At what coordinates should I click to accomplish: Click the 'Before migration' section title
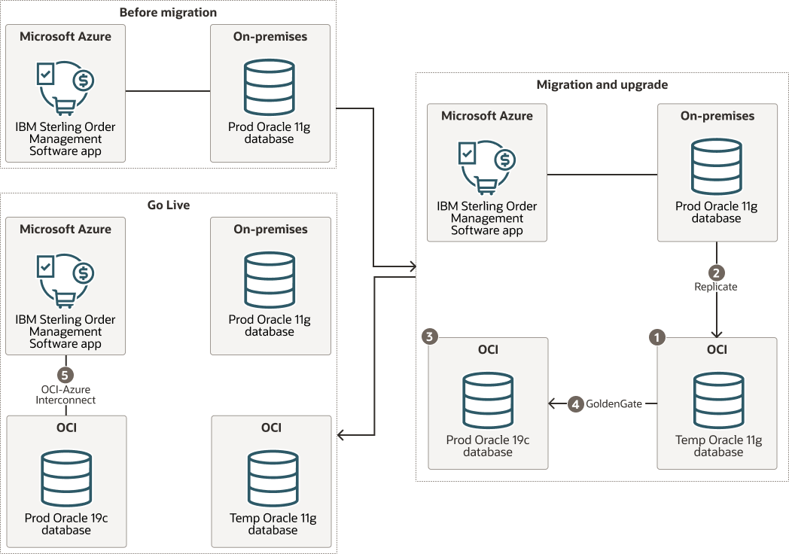(x=169, y=12)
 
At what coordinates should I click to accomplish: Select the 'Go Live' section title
(x=169, y=205)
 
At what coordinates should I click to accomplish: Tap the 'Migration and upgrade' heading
(x=602, y=84)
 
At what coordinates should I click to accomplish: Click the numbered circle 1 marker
(x=657, y=338)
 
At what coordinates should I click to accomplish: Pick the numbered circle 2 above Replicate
(x=716, y=272)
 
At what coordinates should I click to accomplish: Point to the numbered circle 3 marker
(x=429, y=338)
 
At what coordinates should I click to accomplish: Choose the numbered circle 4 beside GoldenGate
(x=575, y=404)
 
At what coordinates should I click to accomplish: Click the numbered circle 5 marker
(x=66, y=374)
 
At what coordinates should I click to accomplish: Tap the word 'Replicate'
(x=716, y=287)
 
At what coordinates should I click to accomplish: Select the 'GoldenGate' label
(x=614, y=404)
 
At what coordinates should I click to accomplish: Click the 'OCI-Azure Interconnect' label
(x=66, y=394)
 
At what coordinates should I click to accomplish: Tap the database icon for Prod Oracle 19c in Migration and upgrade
(x=488, y=400)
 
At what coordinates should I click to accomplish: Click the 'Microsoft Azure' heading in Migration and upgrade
(x=487, y=116)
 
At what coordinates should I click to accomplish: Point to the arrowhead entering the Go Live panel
(x=341, y=435)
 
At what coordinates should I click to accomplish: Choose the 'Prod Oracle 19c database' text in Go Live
(x=66, y=524)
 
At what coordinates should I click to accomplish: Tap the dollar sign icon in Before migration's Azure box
(x=84, y=80)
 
